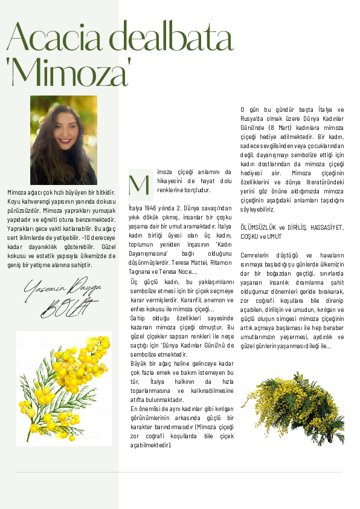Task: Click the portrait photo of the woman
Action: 63,140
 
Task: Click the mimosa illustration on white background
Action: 64,388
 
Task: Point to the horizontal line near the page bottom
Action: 179,472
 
